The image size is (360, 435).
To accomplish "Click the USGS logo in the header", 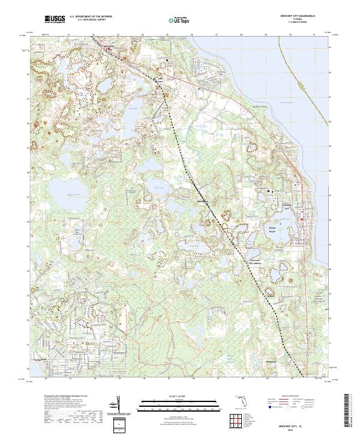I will coord(55,20).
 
